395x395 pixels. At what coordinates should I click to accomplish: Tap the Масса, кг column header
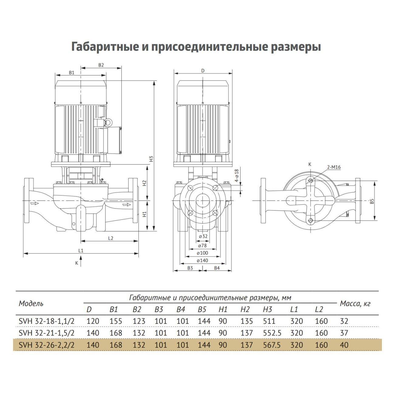[x=355, y=304]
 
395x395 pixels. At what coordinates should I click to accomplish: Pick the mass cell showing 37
[x=344, y=333]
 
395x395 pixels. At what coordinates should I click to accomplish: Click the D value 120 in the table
[x=93, y=321]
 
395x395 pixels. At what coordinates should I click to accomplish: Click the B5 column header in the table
[x=202, y=310]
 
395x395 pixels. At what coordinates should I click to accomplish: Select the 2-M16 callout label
[x=334, y=167]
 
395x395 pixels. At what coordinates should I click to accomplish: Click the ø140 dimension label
[x=202, y=260]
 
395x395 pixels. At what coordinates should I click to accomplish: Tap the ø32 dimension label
[x=203, y=236]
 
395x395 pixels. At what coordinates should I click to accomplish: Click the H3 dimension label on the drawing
[x=151, y=159]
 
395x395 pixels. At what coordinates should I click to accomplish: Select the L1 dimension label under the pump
[x=81, y=251]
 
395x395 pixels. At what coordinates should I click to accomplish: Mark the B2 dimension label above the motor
[x=101, y=65]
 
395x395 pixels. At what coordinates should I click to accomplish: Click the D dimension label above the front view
[x=203, y=71]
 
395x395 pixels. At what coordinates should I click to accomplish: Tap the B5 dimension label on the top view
[x=372, y=201]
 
